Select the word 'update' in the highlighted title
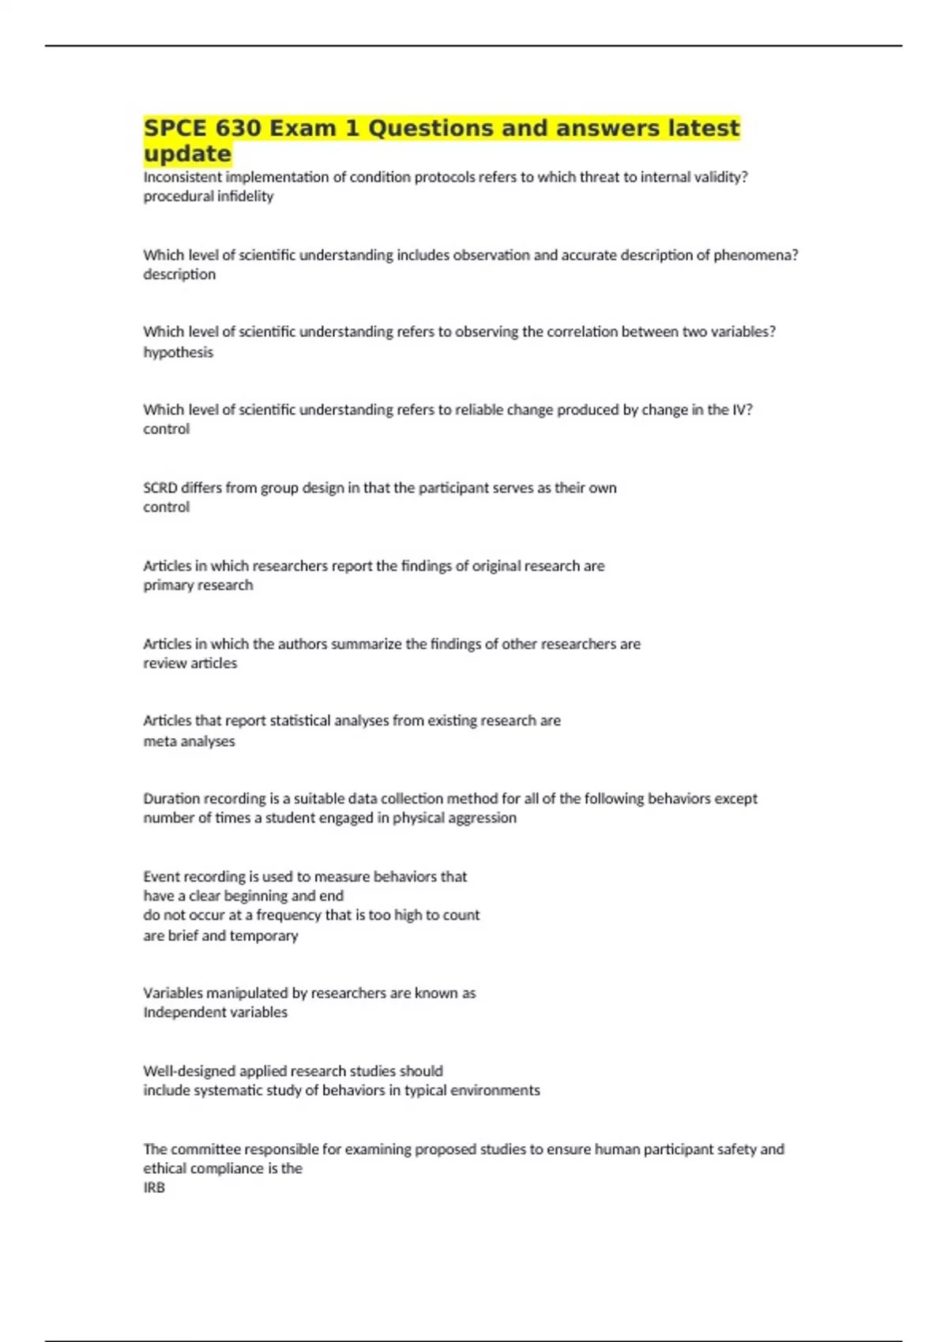click(x=187, y=153)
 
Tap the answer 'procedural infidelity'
click(x=208, y=197)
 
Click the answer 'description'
click(x=179, y=275)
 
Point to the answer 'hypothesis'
click(x=178, y=352)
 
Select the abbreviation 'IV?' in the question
click(x=742, y=410)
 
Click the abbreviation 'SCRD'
click(x=160, y=488)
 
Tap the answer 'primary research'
click(x=197, y=585)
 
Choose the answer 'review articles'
click(x=190, y=663)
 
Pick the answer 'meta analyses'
click(x=189, y=741)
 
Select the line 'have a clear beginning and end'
click(x=243, y=896)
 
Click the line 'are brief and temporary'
click(x=220, y=935)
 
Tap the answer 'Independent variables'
click(x=215, y=1012)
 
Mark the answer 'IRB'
click(x=154, y=1187)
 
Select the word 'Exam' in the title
click(x=303, y=128)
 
